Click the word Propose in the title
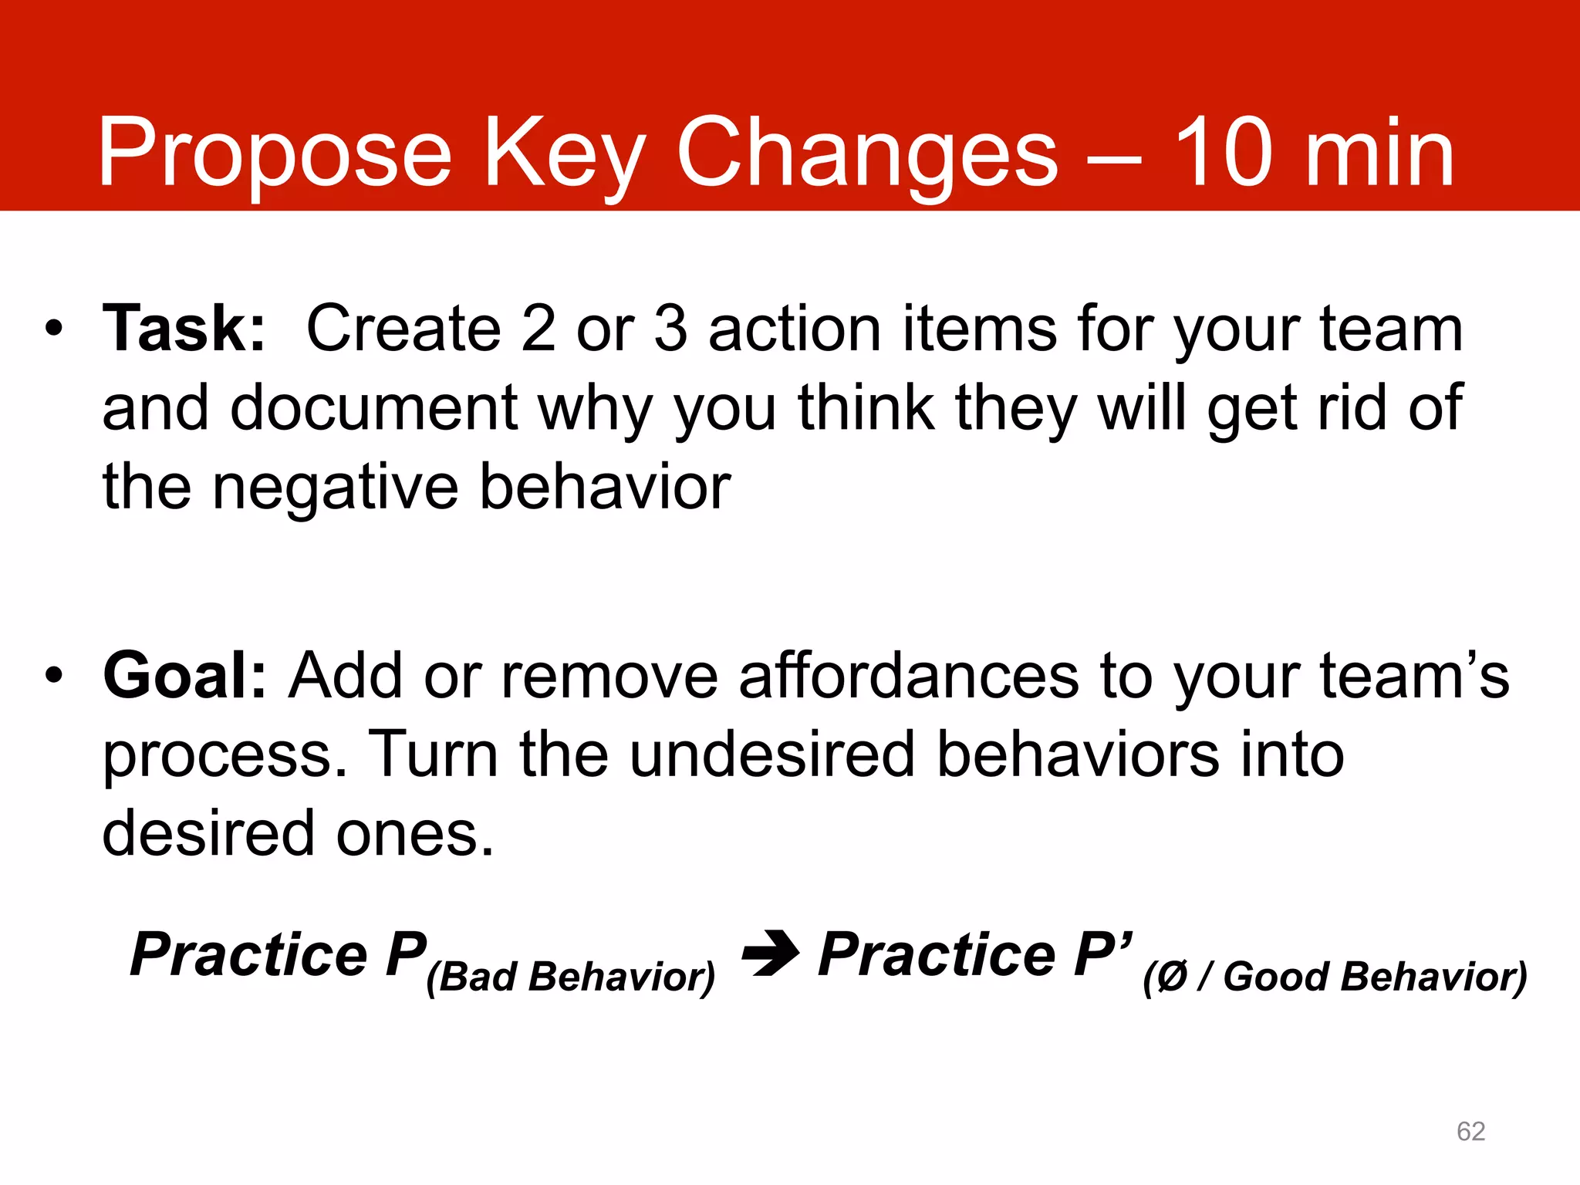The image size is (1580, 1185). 274,154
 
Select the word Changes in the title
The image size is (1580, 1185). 867,154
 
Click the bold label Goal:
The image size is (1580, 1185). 184,676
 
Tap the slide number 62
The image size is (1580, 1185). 1470,1131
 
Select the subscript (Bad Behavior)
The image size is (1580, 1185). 571,977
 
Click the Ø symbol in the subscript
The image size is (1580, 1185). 1172,977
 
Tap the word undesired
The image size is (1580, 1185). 771,755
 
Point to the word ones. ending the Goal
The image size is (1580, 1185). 414,834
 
